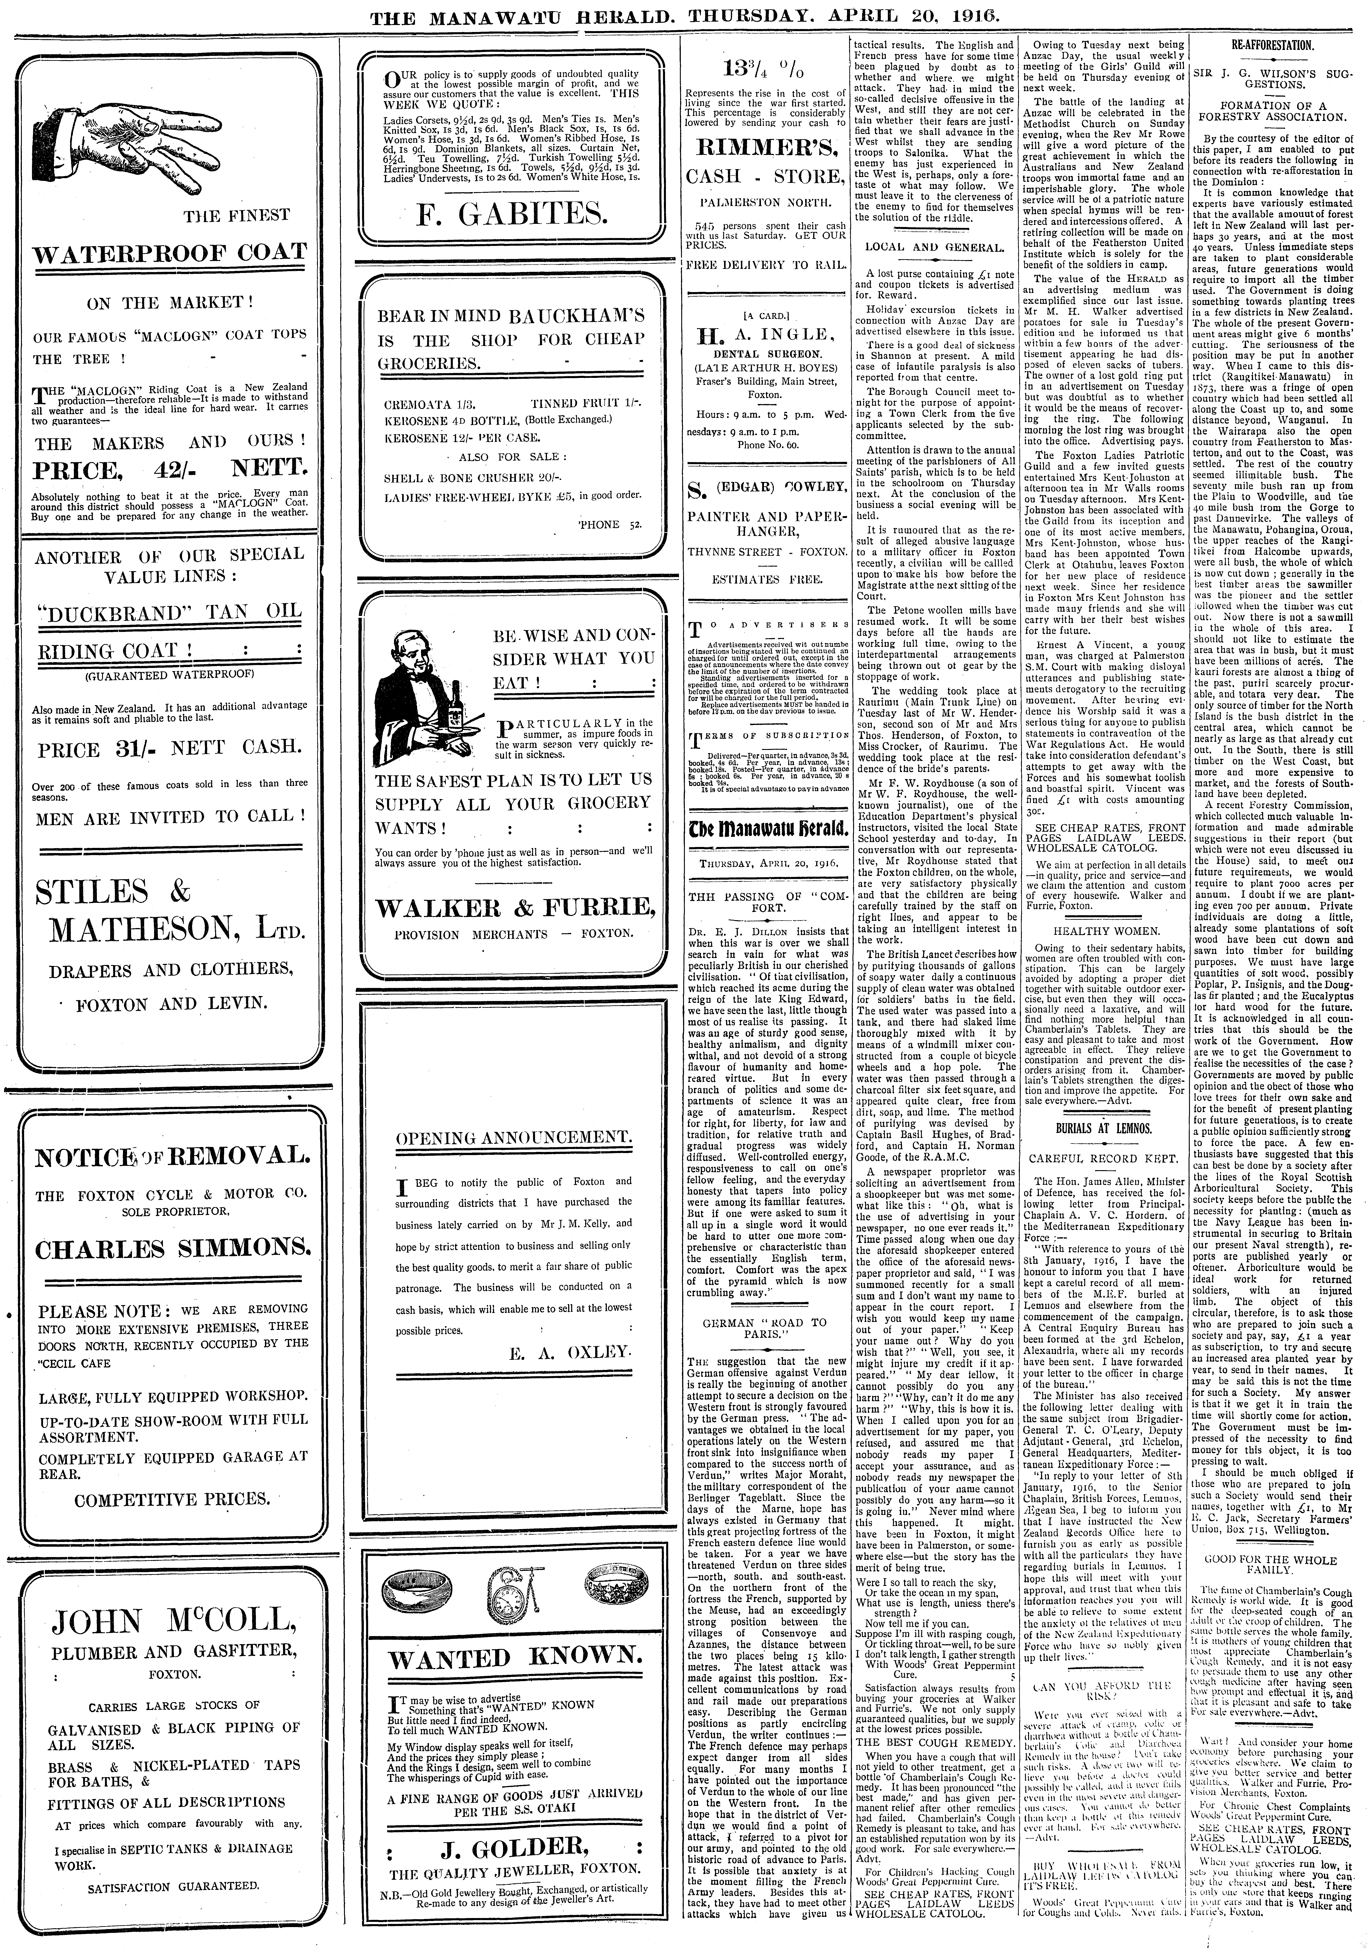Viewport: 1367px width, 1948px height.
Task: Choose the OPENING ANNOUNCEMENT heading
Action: point(513,1138)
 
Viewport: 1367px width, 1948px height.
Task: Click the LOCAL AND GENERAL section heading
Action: point(934,248)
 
